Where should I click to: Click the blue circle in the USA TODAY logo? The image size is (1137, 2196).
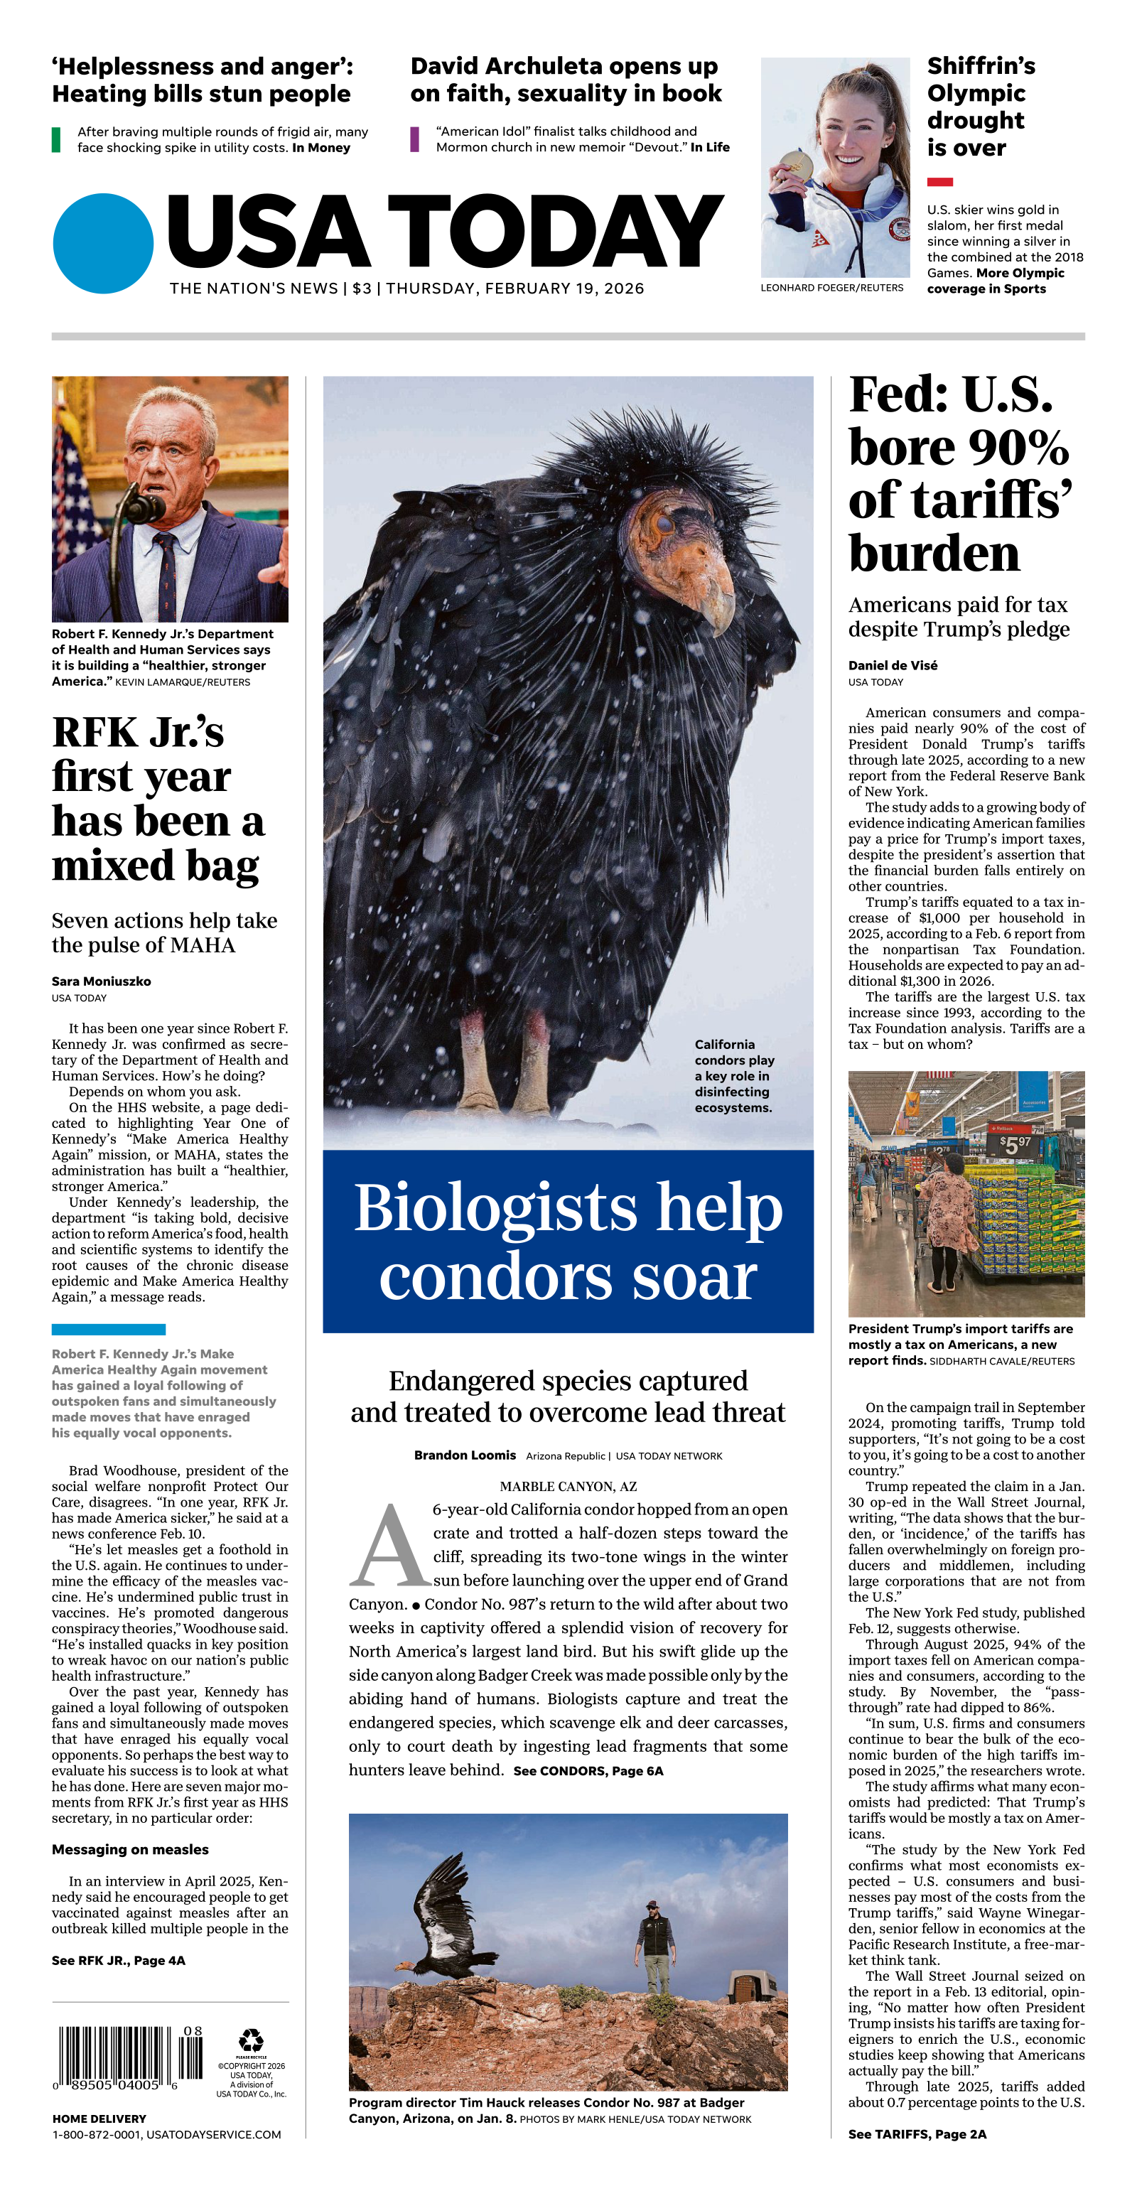click(x=103, y=243)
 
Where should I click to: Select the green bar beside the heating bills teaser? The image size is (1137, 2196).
click(x=56, y=139)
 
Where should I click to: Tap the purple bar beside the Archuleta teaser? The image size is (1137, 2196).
click(x=414, y=139)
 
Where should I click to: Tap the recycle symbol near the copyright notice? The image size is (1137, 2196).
click(x=251, y=2040)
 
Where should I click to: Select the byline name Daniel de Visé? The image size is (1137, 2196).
click(x=893, y=665)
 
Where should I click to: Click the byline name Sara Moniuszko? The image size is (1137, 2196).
click(x=101, y=981)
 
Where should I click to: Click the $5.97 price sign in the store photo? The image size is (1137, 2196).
click(x=1013, y=1145)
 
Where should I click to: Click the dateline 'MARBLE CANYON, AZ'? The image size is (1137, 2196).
click(x=568, y=1486)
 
